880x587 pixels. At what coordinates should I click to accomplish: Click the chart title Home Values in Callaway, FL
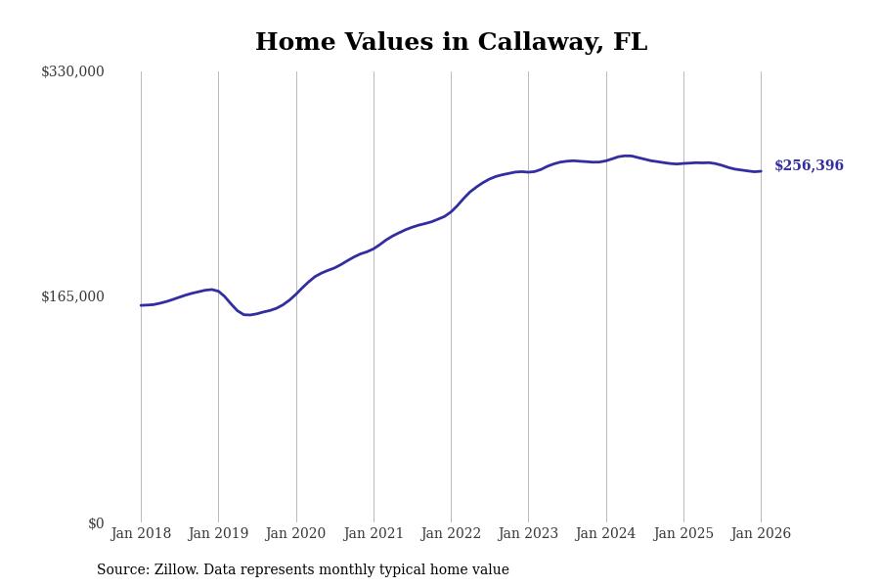pos(451,43)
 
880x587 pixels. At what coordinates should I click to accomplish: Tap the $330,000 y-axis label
pos(72,71)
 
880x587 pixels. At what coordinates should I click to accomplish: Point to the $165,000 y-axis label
pos(72,296)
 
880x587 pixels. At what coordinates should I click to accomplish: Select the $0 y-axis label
pos(96,523)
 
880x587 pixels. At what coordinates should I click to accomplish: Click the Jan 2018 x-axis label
pos(141,534)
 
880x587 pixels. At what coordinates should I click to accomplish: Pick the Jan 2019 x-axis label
pos(218,534)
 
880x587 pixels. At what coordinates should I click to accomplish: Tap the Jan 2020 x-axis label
pos(295,534)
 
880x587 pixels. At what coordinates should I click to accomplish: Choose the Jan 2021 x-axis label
pos(374,534)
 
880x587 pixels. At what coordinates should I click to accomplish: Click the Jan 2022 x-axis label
pos(451,534)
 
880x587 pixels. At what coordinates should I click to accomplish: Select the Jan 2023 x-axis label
pos(528,534)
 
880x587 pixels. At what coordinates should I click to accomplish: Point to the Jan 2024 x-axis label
pos(605,534)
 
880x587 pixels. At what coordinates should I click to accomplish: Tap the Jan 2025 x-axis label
pos(683,534)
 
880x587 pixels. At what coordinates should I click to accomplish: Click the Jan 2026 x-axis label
pos(761,534)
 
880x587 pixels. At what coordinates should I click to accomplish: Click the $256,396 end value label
pos(809,166)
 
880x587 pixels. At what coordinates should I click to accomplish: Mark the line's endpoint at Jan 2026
pos(761,171)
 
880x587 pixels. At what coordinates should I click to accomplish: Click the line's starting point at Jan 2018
pos(141,305)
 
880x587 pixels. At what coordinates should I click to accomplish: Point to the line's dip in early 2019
pos(247,315)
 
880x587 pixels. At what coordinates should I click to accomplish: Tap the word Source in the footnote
pos(122,570)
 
